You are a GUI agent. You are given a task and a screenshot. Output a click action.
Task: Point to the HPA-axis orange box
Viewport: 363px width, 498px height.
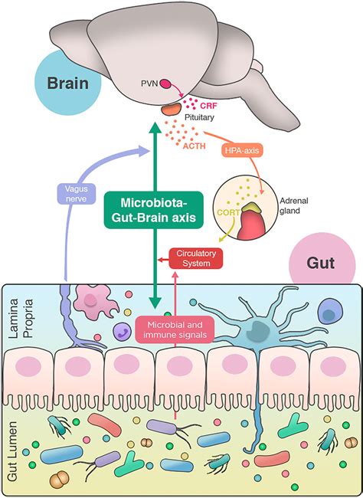coord(244,152)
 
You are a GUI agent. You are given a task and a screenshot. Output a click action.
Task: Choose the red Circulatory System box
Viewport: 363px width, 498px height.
coord(195,259)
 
